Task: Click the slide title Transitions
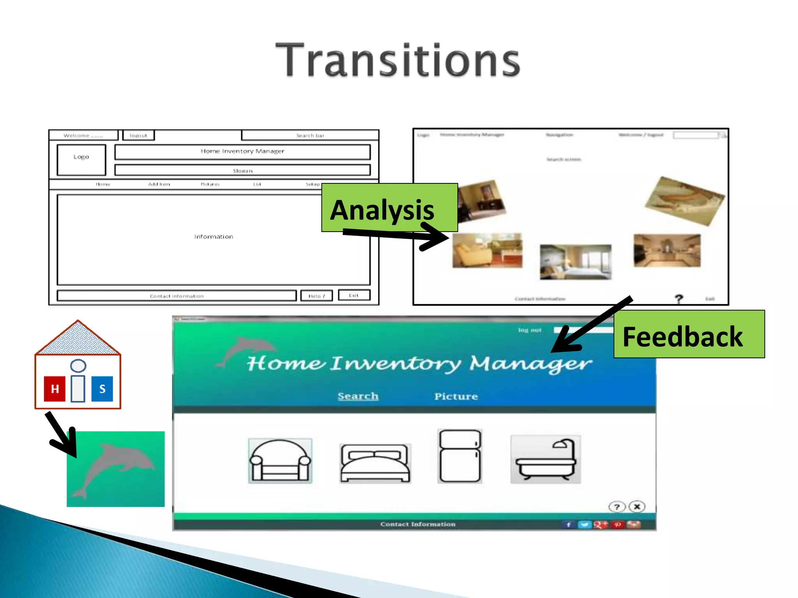pos(397,60)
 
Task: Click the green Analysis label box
pos(389,207)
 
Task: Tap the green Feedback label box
pos(689,334)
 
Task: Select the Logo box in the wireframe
pos(81,160)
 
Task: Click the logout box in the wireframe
pos(138,135)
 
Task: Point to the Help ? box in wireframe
pos(316,296)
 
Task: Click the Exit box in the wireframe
pos(353,295)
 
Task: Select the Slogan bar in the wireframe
pos(242,170)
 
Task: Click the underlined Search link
pos(358,396)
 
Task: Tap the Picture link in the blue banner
pos(456,396)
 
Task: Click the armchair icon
pos(280,461)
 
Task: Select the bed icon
pos(375,463)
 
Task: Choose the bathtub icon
pos(546,459)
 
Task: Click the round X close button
pos(637,507)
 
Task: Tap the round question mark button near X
pos(616,507)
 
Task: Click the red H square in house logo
pos(55,389)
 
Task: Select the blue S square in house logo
pos(102,389)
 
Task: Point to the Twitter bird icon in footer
pos(584,525)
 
